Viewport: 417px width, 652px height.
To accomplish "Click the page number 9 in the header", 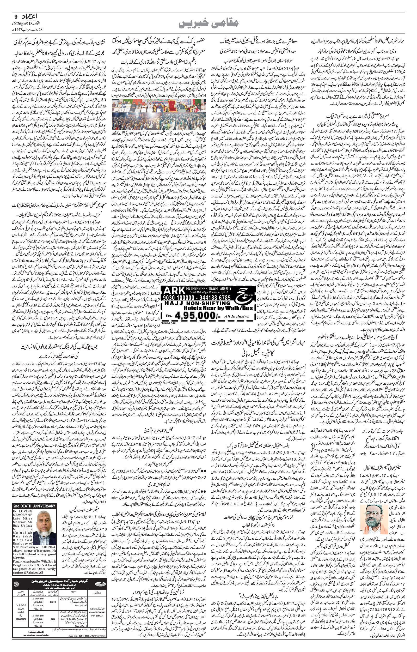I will tap(15, 16).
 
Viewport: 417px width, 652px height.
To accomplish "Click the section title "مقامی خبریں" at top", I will tap(208, 23).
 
